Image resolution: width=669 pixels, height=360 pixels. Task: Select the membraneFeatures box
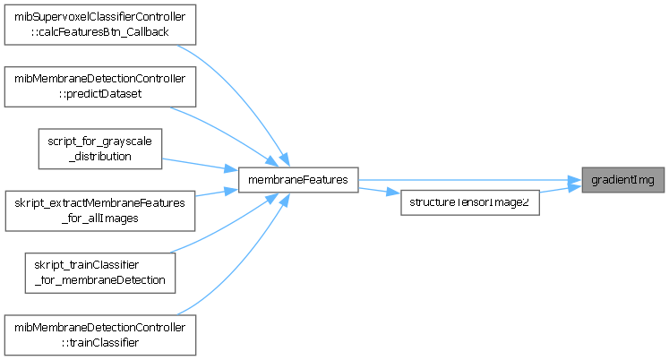[298, 181]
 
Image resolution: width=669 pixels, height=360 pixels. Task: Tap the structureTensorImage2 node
[468, 202]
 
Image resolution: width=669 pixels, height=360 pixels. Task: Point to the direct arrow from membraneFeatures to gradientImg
[466, 181]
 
